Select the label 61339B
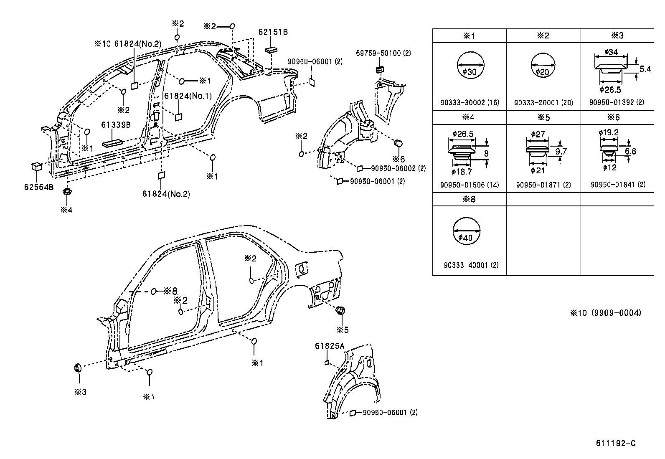(x=117, y=125)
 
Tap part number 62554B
(x=38, y=187)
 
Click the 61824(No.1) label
(x=188, y=96)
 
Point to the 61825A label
(x=330, y=346)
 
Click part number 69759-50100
(x=383, y=53)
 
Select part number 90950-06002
(x=398, y=168)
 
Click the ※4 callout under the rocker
(x=66, y=210)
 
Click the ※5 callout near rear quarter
(x=343, y=330)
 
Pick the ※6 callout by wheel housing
(x=398, y=159)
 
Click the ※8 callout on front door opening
(x=170, y=291)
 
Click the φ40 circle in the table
(x=467, y=231)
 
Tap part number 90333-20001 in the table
(x=543, y=102)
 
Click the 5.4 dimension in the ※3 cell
(x=645, y=69)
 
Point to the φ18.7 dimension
(x=461, y=172)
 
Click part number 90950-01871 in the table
(x=543, y=185)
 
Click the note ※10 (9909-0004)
(x=606, y=312)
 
